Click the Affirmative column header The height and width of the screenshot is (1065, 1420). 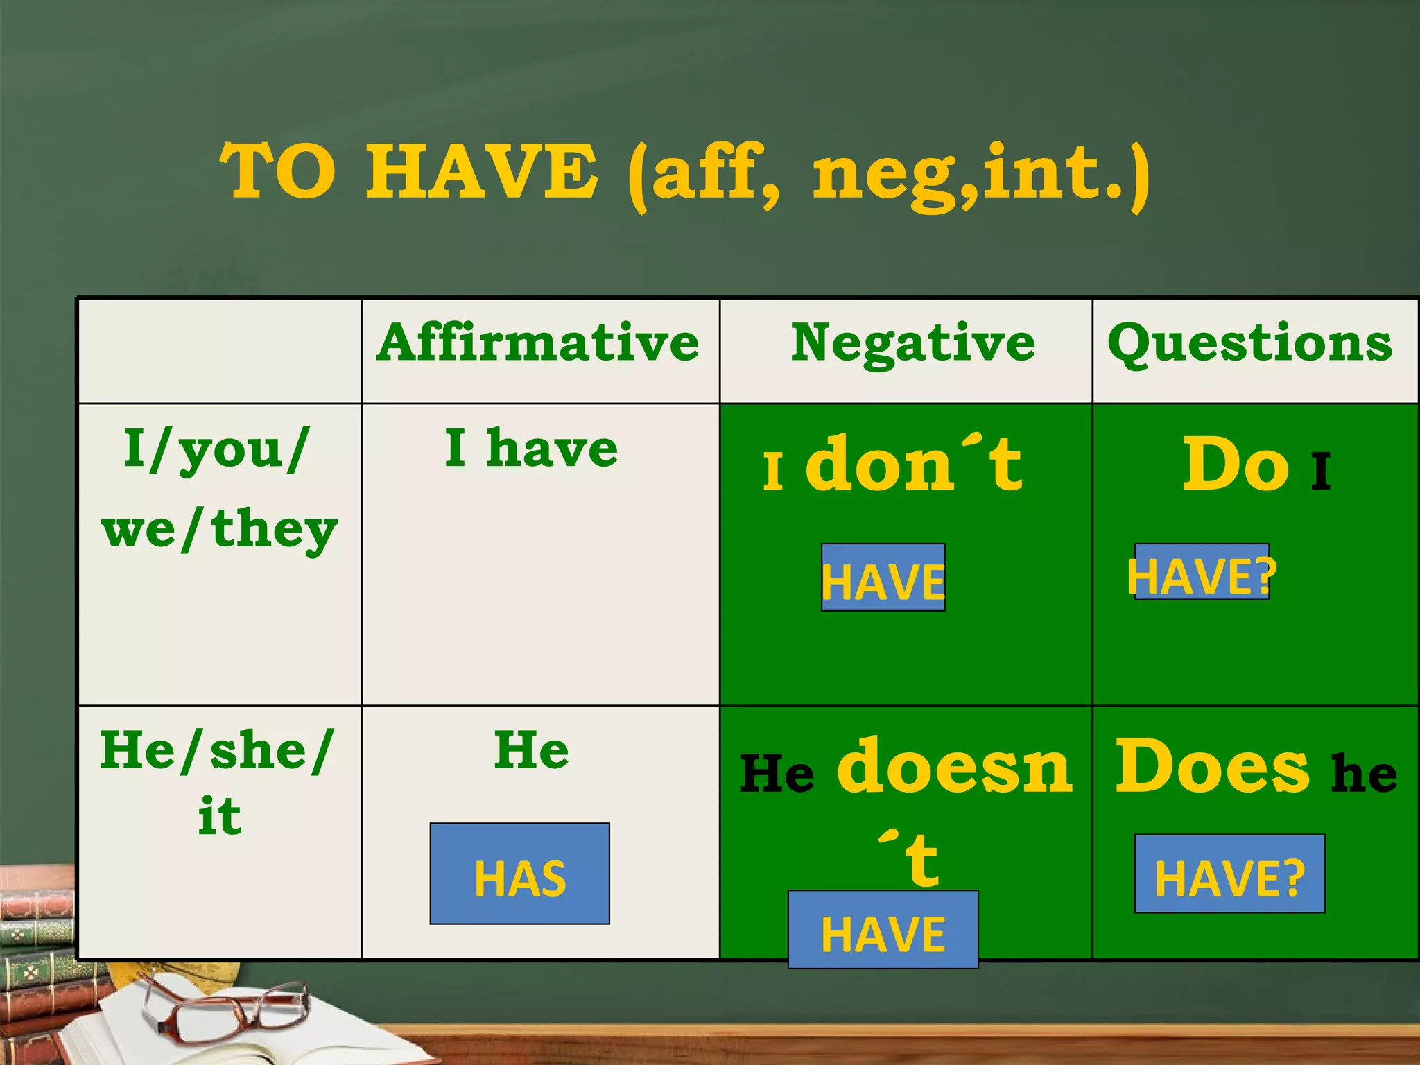click(538, 343)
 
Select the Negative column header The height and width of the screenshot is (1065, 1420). click(912, 344)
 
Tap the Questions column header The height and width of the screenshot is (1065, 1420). click(1249, 343)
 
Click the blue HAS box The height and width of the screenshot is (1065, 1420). click(519, 874)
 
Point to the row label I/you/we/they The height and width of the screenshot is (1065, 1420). click(219, 489)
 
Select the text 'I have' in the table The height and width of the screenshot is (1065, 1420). click(531, 448)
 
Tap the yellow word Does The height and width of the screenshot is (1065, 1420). click(1212, 766)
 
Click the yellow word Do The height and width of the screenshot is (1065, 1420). click(1236, 465)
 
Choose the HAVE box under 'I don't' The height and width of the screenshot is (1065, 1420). click(883, 578)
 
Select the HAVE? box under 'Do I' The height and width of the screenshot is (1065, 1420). click(1202, 573)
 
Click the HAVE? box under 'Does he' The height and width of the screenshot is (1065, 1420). click(1229, 874)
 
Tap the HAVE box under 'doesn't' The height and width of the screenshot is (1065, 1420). click(883, 930)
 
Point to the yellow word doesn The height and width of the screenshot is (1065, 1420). click(955, 766)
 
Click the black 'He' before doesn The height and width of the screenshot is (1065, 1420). click(777, 773)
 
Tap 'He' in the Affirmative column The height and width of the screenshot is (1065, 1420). click(532, 750)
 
